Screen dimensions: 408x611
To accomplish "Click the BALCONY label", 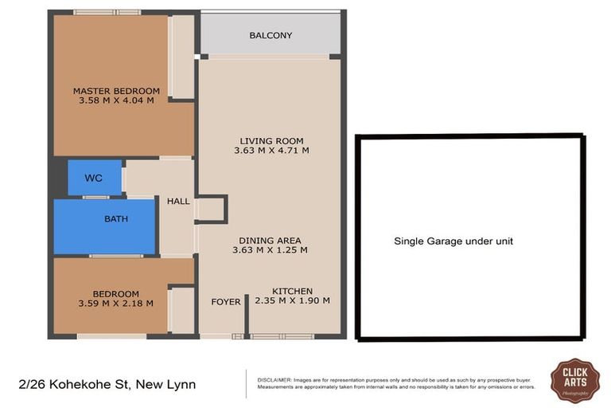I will click(x=270, y=35).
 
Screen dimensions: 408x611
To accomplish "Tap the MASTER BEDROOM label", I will click(x=116, y=91).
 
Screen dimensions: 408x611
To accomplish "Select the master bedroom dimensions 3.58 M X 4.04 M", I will click(x=116, y=101).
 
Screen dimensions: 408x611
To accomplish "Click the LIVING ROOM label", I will click(x=271, y=141).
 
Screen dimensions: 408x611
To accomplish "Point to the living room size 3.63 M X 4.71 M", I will click(x=271, y=151).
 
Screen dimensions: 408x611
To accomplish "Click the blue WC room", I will click(x=94, y=178).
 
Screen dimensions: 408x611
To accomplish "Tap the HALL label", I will click(x=178, y=202).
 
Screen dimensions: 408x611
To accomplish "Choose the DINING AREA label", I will click(x=270, y=241).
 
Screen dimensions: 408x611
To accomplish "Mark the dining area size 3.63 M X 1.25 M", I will click(x=270, y=250).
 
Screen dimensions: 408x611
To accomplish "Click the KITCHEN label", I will click(x=292, y=291).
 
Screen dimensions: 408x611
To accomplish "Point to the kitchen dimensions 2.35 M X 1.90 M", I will click(x=292, y=301).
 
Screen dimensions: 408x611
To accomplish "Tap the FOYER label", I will click(x=226, y=302).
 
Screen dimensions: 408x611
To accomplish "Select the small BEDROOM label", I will click(x=115, y=293).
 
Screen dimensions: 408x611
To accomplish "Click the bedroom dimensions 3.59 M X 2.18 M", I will click(x=115, y=304).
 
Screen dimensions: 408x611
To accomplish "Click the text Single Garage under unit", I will click(x=453, y=241).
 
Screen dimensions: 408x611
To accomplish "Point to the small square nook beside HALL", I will click(x=211, y=209).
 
